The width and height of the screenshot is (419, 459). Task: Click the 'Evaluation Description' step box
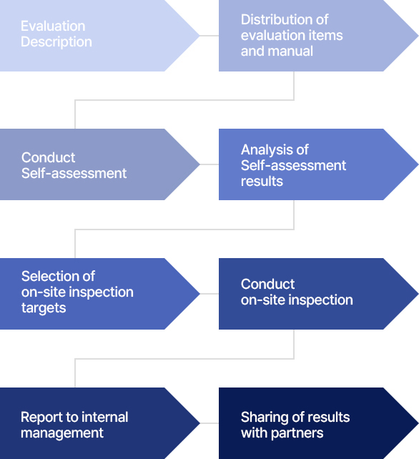pos(99,36)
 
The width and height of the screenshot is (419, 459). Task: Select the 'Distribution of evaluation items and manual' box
pos(319,36)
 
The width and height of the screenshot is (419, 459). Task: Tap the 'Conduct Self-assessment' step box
pos(99,164)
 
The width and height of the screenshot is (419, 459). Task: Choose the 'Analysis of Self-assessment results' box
pos(319,164)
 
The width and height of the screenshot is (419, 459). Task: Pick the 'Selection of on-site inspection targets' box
pos(99,294)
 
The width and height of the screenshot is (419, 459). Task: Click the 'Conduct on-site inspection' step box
pos(319,294)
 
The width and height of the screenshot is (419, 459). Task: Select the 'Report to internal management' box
pos(99,423)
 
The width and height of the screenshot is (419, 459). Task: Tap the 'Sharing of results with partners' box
pos(319,423)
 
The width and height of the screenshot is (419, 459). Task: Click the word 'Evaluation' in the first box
pos(53,26)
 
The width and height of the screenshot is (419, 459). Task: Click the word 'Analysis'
pos(265,150)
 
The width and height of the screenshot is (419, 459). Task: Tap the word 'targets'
pos(44,308)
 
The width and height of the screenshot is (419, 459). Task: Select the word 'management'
pos(62,433)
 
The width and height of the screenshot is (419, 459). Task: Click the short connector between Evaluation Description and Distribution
pos(209,36)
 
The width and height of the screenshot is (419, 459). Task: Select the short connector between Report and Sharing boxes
pos(209,423)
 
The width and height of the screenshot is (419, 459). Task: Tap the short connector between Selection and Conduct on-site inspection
pos(209,294)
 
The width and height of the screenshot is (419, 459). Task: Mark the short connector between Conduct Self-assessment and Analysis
pos(209,164)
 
